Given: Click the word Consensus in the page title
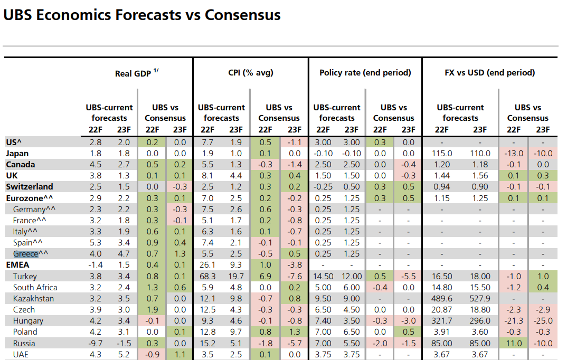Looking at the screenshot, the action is pyautogui.click(x=243, y=15).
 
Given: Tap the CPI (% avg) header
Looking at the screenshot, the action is pyautogui.click(x=251, y=73).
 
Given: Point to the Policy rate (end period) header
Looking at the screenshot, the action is pyautogui.click(x=365, y=73).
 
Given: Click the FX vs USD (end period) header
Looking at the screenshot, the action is pyautogui.click(x=489, y=73).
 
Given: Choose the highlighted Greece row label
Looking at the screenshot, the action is pyautogui.click(x=26, y=254).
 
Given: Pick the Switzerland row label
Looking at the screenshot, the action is pyautogui.click(x=30, y=186).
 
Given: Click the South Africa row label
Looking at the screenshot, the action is pyautogui.click(x=35, y=287).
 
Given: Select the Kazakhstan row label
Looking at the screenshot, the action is pyautogui.click(x=33, y=299).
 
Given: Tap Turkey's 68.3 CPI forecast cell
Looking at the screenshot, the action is pyautogui.click(x=207, y=277).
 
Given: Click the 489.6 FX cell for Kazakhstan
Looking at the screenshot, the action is pyautogui.click(x=441, y=299).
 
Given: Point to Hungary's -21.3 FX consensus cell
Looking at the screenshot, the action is pyautogui.click(x=514, y=321).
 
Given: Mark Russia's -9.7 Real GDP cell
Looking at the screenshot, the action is pyautogui.click(x=96, y=344).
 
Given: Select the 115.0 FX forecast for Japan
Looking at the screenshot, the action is pyautogui.click(x=442, y=154).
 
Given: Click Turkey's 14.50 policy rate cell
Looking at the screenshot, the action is pyautogui.click(x=323, y=277).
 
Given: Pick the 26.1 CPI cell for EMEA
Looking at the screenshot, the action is pyautogui.click(x=207, y=265).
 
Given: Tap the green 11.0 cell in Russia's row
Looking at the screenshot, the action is pyautogui.click(x=514, y=344).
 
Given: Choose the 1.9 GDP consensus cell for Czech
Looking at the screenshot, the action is pyautogui.click(x=152, y=310).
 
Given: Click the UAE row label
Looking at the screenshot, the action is pyautogui.click(x=21, y=355).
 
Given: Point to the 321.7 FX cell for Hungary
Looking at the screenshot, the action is pyautogui.click(x=441, y=321).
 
